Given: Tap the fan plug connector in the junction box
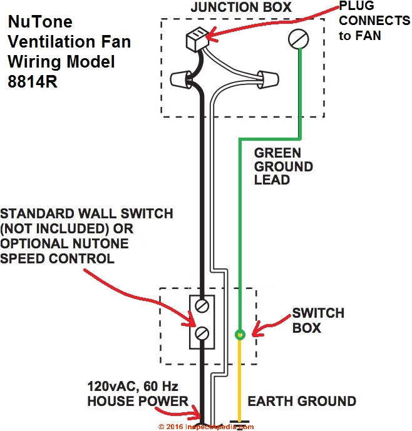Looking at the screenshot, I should point(195,39).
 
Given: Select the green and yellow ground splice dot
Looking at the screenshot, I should point(239,335).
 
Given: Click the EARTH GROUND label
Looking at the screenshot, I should point(302,401).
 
